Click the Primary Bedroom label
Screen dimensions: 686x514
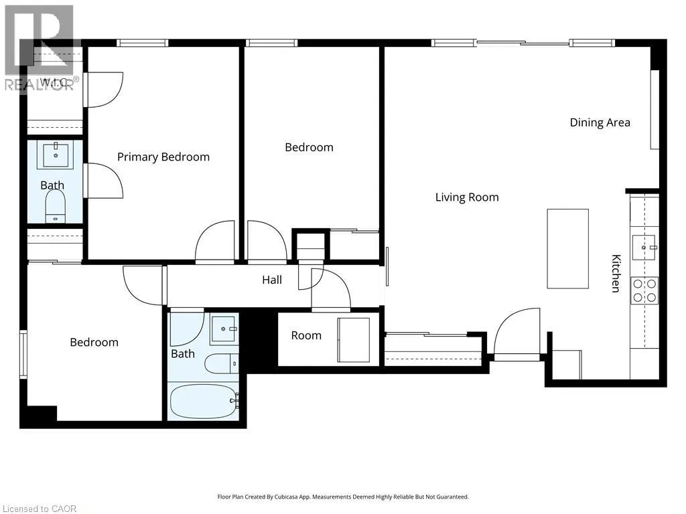pos(163,157)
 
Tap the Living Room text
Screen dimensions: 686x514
pos(467,197)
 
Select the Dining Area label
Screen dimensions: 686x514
pos(600,122)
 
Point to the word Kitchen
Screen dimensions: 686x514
pos(616,273)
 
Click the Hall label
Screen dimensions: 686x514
pos(272,280)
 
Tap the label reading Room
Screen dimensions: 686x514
pos(306,335)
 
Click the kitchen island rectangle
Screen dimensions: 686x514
pos(567,249)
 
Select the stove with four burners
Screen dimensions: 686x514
pos(644,290)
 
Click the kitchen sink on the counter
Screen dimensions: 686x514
pos(644,247)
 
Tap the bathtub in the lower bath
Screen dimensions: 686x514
pos(204,402)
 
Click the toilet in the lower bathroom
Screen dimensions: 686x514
pos(222,363)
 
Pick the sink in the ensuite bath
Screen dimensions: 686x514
pos(56,155)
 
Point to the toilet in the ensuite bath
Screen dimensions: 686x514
pos(56,207)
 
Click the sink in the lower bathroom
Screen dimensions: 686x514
pos(224,329)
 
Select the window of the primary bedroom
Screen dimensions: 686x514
pos(142,43)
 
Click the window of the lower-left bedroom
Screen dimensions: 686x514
pos(23,354)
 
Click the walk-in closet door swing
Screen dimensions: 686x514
pos(103,90)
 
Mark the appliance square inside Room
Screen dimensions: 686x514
pos(354,339)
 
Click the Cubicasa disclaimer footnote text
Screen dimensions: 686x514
pos(343,497)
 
